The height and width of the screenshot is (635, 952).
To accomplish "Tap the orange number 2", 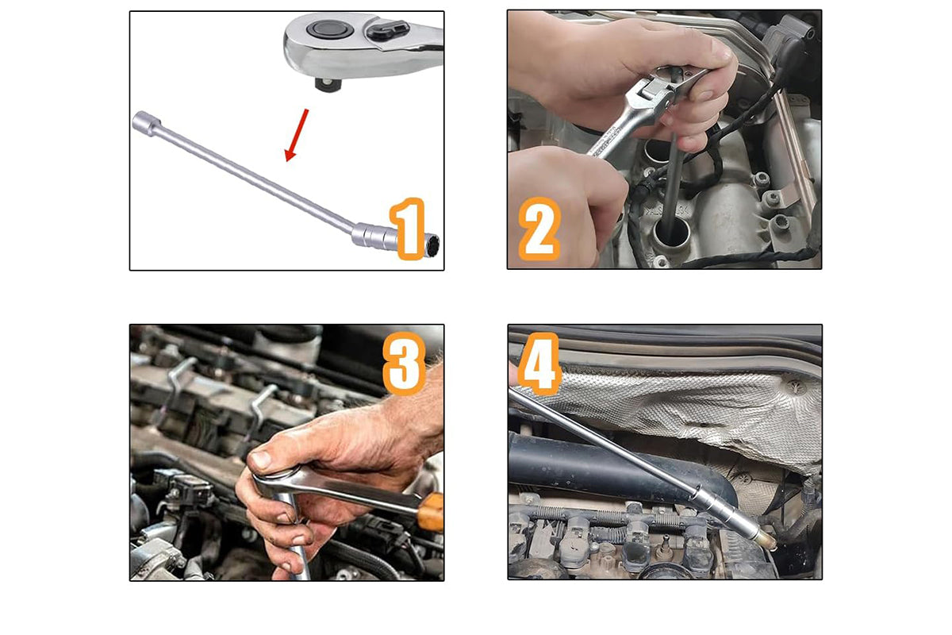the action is pos(539,229).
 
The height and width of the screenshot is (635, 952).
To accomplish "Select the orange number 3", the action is pos(404,364).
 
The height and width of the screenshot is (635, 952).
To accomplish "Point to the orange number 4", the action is pos(539,364).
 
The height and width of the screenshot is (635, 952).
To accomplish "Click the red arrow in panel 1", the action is pos(297,135).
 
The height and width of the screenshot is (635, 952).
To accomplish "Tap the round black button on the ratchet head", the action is pos(330,29).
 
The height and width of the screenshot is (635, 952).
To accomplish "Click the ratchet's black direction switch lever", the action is pos(388,30).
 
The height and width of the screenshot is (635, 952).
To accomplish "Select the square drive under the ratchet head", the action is pos(328,83).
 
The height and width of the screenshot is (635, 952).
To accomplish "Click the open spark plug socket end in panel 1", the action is pos(432,246).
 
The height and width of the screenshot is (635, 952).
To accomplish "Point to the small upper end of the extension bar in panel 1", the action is pos(147,123).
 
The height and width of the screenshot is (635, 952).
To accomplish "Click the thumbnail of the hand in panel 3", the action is pos(260,460).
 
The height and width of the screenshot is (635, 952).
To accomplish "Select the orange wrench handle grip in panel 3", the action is pos(430,512).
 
